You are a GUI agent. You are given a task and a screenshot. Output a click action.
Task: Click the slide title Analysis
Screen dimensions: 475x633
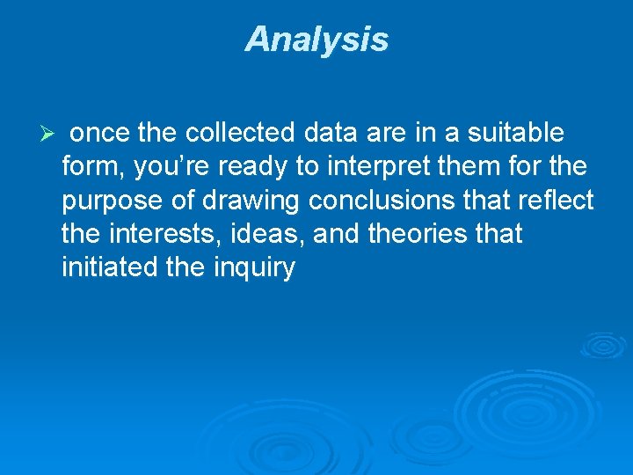[x=316, y=40]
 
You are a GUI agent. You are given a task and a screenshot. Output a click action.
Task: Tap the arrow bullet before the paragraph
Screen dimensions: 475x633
[x=49, y=135]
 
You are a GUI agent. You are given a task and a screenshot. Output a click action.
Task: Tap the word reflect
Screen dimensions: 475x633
[x=557, y=201]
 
